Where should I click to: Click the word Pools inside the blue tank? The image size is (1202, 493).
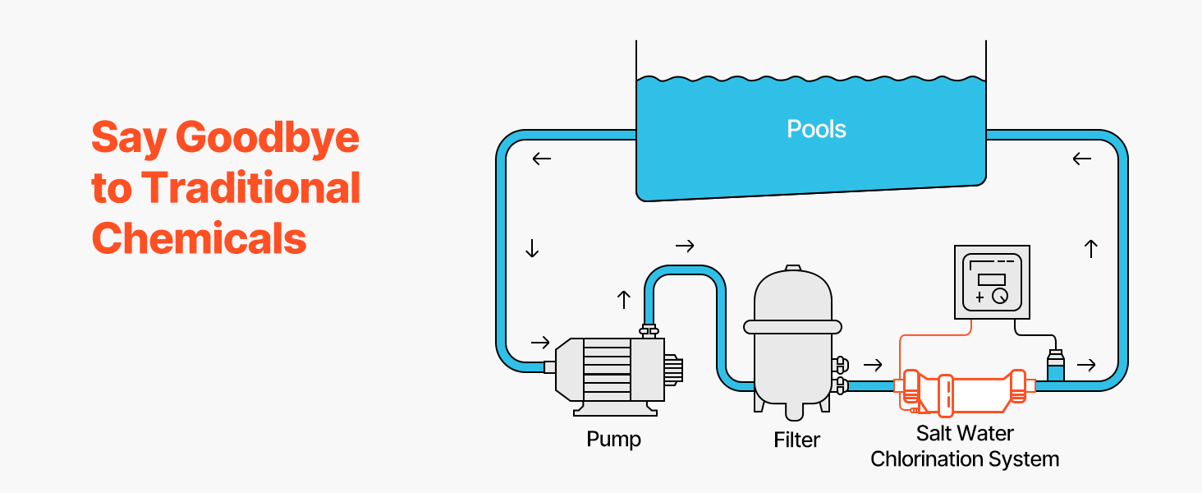coord(816,129)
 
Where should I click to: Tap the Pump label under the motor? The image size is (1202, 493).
coord(613,439)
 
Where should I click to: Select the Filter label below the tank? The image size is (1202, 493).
coord(796,440)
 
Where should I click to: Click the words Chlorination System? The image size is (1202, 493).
coord(965,458)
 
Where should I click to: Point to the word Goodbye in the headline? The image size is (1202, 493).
coord(268,137)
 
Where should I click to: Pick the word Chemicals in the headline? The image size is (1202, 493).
coord(199,238)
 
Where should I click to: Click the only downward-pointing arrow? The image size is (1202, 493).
coord(532,248)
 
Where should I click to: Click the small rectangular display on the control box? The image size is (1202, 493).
coord(992,279)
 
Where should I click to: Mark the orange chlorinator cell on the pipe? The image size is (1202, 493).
coord(965,386)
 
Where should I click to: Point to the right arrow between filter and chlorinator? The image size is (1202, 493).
coord(874,365)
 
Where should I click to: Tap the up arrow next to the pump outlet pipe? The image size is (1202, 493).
coord(623,300)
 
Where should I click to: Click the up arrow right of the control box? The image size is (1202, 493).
coord(1091,249)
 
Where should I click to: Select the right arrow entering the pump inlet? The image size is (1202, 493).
coord(540,342)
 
